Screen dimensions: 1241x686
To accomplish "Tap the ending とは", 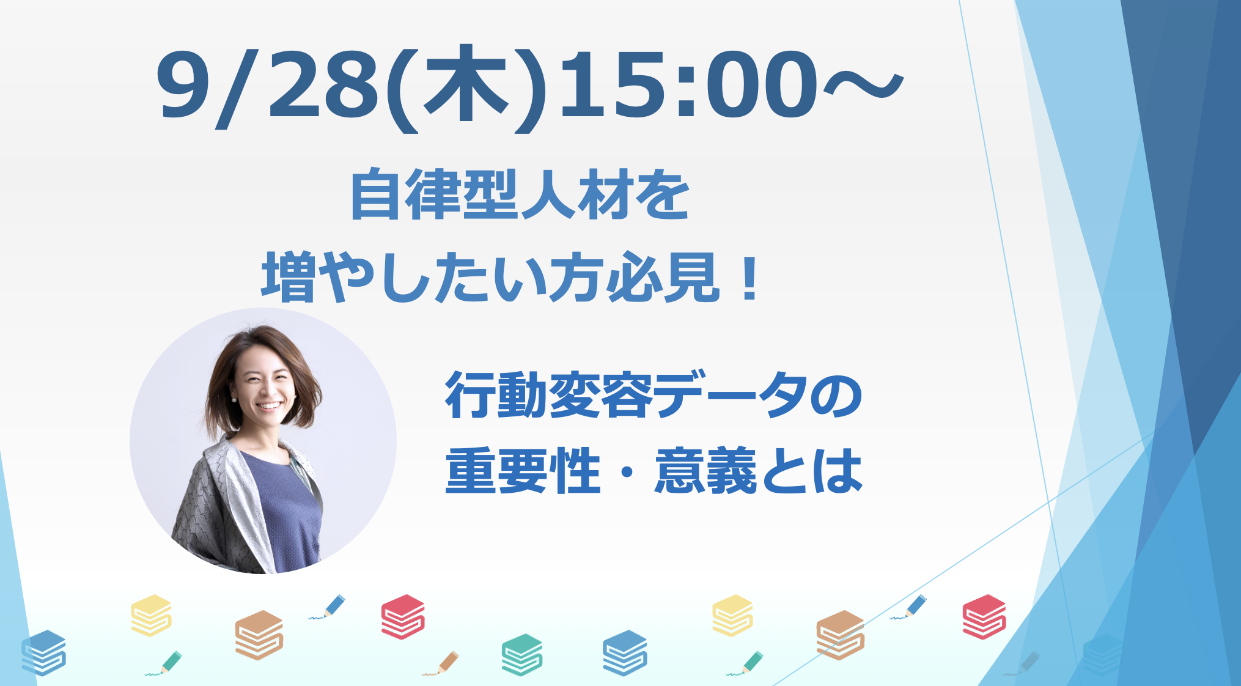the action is click(811, 471).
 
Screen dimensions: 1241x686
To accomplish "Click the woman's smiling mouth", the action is click(270, 406).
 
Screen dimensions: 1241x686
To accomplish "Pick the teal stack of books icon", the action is click(522, 654).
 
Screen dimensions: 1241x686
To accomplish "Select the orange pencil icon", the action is click(441, 663).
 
